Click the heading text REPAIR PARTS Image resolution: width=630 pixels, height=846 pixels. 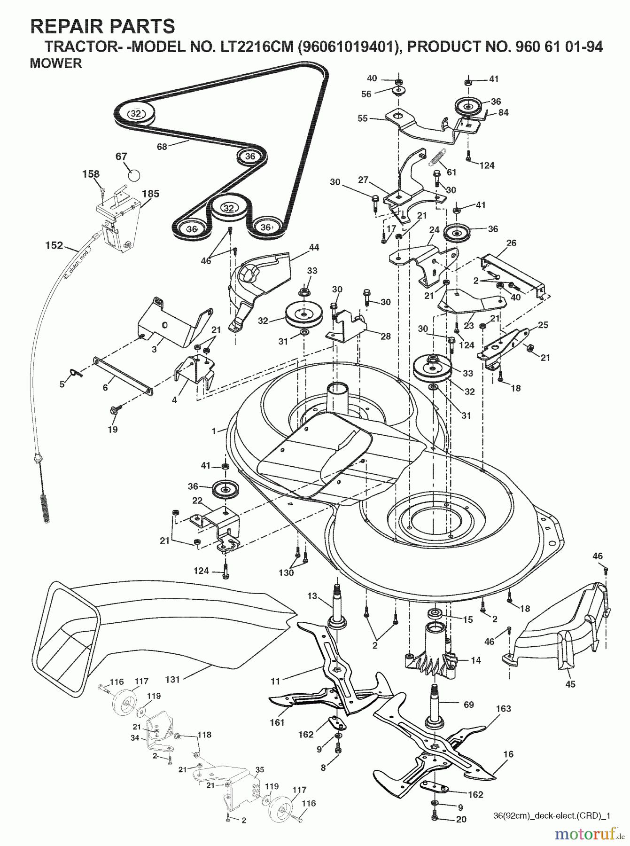[x=102, y=26]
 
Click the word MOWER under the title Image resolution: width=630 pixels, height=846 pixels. [x=55, y=63]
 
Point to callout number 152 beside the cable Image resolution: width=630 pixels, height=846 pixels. [x=54, y=245]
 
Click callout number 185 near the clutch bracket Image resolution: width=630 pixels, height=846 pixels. [x=150, y=194]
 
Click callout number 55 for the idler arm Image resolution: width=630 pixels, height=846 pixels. [x=362, y=118]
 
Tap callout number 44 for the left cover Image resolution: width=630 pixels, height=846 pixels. [x=314, y=247]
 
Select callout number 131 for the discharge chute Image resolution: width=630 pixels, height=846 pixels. [x=172, y=679]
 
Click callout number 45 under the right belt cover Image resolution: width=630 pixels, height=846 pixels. [x=570, y=684]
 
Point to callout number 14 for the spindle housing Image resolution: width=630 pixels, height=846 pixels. [x=475, y=660]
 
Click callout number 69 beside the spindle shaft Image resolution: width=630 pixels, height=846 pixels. [x=468, y=705]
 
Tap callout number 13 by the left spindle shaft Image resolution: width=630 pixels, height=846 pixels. [x=312, y=596]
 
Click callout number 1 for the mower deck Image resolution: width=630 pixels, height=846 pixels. [x=214, y=431]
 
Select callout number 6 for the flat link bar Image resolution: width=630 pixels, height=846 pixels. [x=105, y=387]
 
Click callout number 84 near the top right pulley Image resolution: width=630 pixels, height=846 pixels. [x=503, y=112]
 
